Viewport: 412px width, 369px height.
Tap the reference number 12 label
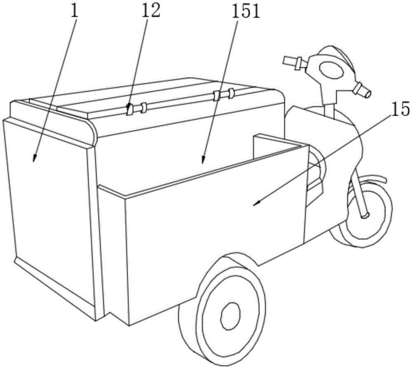(151, 10)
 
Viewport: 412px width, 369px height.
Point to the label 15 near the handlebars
(400, 108)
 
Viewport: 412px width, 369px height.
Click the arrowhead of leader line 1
(34, 158)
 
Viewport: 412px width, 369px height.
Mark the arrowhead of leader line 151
(203, 160)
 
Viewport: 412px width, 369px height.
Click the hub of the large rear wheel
(231, 316)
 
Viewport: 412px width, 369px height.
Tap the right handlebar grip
(362, 89)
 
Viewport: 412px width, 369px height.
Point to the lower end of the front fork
(365, 215)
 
